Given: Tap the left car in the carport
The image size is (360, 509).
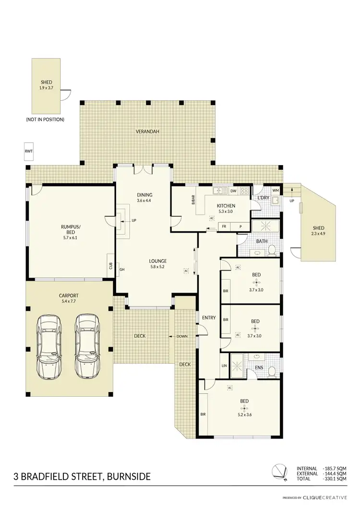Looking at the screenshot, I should pyautogui.click(x=50, y=346).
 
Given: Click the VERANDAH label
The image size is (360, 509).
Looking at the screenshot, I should pyautogui.click(x=147, y=131).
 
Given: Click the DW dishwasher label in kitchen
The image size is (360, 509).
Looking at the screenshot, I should pyautogui.click(x=233, y=191).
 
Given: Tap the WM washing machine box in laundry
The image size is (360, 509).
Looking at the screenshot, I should pyautogui.click(x=275, y=190).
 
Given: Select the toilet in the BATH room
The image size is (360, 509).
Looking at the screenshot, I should pyautogui.click(x=271, y=249).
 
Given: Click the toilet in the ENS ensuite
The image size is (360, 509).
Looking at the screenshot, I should pyautogui.click(x=272, y=370).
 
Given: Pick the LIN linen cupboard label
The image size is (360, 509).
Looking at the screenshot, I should pyautogui.click(x=224, y=366).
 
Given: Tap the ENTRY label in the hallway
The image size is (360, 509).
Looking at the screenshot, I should pyautogui.click(x=209, y=318).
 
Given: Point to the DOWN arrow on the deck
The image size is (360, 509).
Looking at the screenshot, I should pyautogui.click(x=181, y=336).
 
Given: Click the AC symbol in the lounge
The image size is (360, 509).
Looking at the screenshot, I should pyautogui.click(x=186, y=271).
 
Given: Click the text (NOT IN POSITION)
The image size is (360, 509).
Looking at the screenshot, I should pyautogui.click(x=45, y=119).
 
